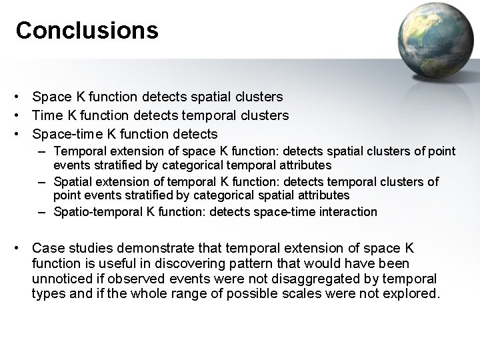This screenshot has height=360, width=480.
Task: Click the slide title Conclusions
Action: tap(87, 31)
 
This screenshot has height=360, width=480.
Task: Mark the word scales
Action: tap(317, 294)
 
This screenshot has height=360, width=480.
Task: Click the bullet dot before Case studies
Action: tap(22, 249)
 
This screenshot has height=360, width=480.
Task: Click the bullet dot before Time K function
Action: tap(22, 115)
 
